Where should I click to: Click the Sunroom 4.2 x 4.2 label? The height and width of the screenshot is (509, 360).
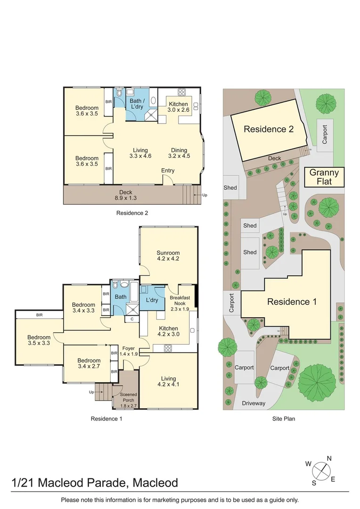[x=168, y=256]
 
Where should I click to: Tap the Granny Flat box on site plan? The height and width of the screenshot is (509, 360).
[x=324, y=177]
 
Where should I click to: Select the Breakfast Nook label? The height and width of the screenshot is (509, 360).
[x=180, y=301]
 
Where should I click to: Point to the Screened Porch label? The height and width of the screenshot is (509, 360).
[x=129, y=397]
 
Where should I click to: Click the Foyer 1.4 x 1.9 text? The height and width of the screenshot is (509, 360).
[x=129, y=351]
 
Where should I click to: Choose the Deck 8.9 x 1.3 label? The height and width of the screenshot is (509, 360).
[x=126, y=195]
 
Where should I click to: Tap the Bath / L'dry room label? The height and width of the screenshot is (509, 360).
[x=137, y=104]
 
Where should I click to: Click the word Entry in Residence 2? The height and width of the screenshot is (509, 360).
[x=168, y=171]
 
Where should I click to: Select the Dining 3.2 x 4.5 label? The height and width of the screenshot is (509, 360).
[x=179, y=153]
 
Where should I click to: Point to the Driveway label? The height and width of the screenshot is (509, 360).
[x=254, y=403]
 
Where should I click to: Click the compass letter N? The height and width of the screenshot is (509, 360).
[x=329, y=459]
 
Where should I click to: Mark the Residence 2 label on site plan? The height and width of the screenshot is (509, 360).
[x=269, y=129]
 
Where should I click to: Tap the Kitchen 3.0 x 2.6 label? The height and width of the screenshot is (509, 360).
[x=178, y=107]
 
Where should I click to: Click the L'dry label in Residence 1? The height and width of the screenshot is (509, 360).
[x=152, y=300]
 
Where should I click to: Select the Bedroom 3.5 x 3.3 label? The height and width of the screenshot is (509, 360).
[x=39, y=340]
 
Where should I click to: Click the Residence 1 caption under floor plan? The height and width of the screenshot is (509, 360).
[x=106, y=419]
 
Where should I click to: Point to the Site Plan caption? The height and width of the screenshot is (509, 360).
[x=283, y=419]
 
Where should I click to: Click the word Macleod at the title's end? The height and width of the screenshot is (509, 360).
[x=155, y=483]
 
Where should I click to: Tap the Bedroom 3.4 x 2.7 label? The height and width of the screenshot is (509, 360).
[x=89, y=363]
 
